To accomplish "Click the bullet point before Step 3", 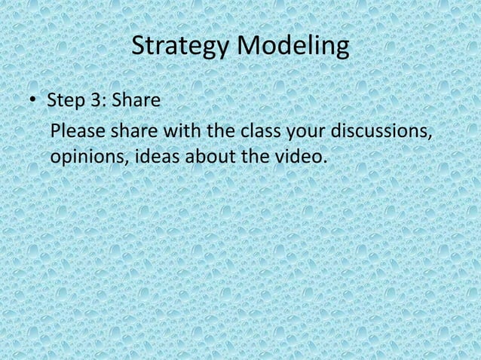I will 34,102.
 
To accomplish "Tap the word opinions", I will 84,159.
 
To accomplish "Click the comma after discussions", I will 431,136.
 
